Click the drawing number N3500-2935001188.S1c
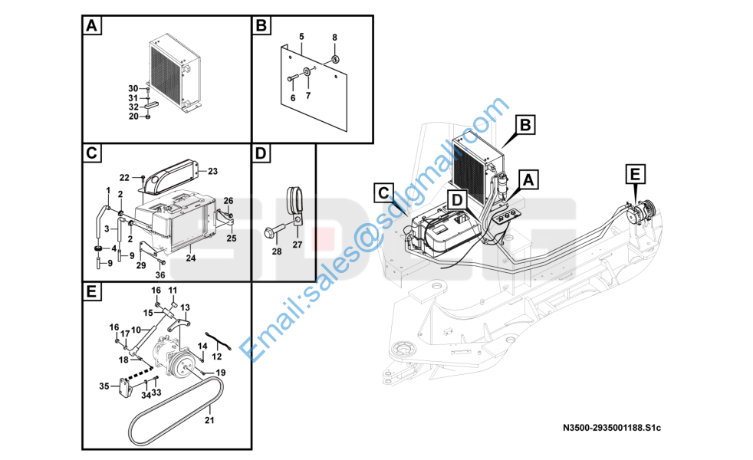tap(612, 427)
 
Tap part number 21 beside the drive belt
tap(209, 420)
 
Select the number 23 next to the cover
tap(212, 171)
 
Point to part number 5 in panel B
tap(301, 37)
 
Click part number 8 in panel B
tap(335, 38)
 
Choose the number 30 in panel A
tap(133, 88)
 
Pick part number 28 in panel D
tap(277, 251)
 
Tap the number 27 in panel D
tap(298, 245)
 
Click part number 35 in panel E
tap(104, 386)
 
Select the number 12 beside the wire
tap(216, 356)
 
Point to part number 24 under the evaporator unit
tap(191, 258)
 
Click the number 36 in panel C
tap(160, 274)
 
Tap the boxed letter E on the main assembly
tap(635, 174)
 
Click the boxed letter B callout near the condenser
tap(525, 125)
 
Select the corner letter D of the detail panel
tap(260, 153)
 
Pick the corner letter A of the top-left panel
tap(91, 25)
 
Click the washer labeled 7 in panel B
tap(307, 73)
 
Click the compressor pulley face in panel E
tap(183, 363)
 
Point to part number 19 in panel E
tap(220, 373)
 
